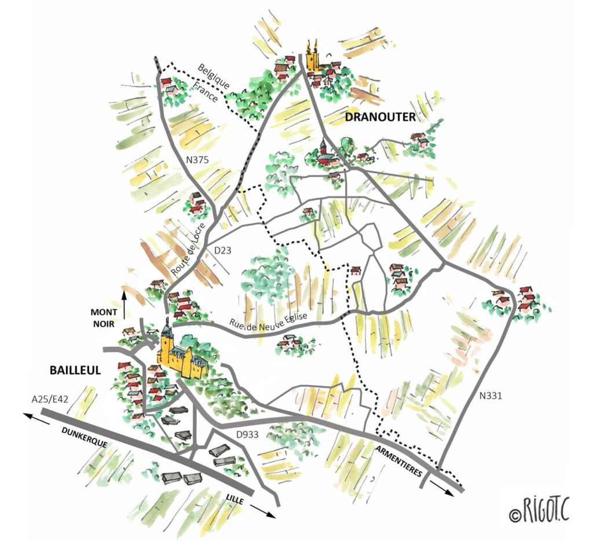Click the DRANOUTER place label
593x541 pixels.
[380, 118]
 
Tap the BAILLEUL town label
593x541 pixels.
[75, 370]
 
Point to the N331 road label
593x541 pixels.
[490, 397]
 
